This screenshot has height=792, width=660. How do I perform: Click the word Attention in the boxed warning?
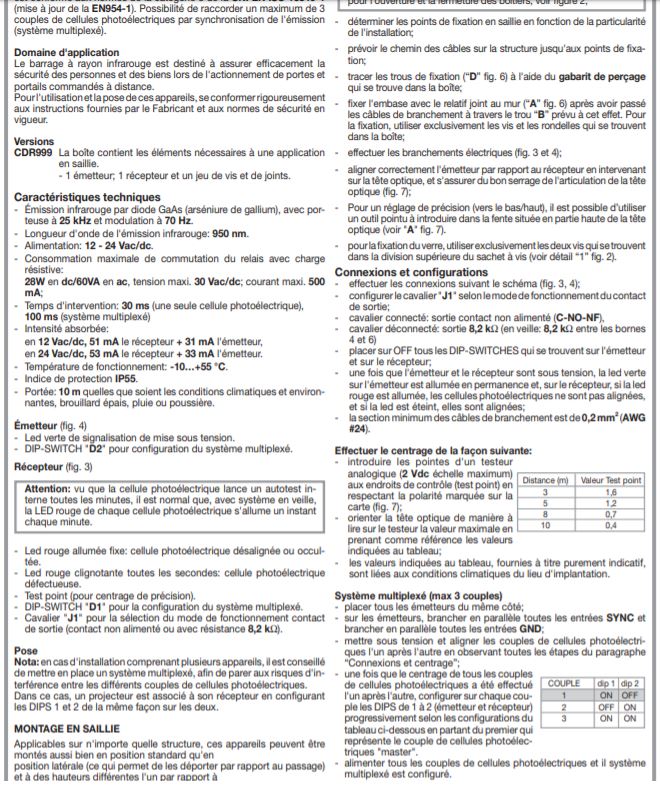(56, 486)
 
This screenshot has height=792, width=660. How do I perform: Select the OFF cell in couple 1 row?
(631, 693)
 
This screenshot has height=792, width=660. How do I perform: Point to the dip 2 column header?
(631, 682)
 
